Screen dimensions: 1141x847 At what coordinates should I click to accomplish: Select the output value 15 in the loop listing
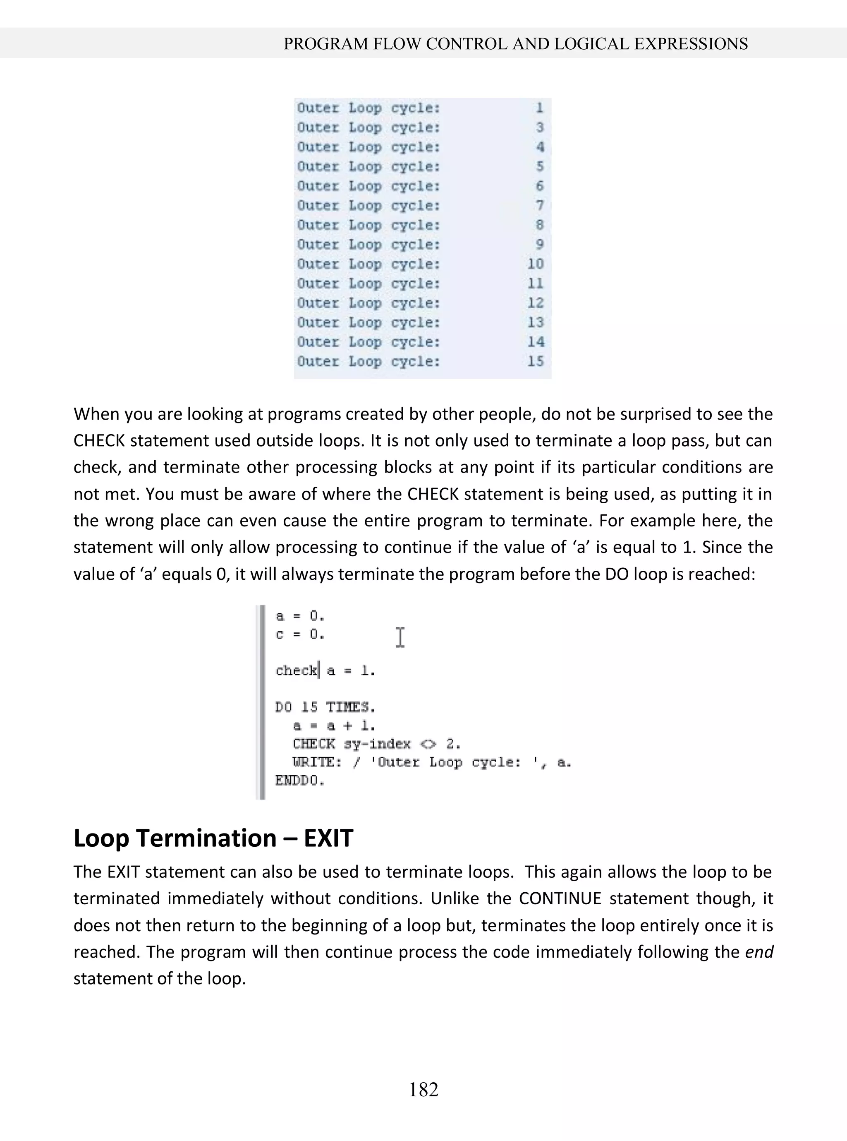pos(535,361)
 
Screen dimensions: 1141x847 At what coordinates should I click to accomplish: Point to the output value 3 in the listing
pos(539,127)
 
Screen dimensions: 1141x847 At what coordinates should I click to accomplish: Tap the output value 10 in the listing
pos(535,264)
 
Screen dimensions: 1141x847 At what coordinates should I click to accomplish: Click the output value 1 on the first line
pos(539,108)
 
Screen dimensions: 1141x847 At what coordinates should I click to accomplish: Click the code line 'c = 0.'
pos(300,634)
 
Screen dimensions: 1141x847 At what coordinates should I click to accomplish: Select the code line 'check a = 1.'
pos(325,670)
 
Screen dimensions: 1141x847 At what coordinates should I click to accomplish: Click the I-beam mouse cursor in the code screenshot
pos(400,637)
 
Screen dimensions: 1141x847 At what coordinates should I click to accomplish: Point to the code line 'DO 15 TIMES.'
pos(325,707)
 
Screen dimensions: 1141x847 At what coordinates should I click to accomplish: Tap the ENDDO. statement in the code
pos(300,781)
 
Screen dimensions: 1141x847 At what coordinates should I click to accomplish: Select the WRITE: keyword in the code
pos(316,762)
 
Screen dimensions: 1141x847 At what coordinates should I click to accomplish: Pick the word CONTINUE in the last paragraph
pos(560,898)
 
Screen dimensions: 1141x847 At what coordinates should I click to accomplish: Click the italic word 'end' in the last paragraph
pos(759,952)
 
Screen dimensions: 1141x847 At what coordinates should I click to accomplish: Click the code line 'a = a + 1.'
pos(334,725)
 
